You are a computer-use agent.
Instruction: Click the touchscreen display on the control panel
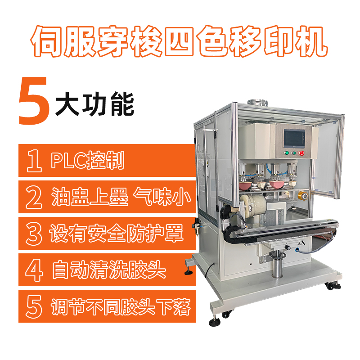click(294, 139)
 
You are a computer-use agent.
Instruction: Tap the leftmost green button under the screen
click(287, 153)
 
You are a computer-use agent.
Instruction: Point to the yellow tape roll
click(303, 196)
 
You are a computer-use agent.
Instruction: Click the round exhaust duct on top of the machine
click(257, 103)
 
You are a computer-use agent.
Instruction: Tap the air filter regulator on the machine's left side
click(197, 226)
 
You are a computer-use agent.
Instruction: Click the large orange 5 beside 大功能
click(34, 101)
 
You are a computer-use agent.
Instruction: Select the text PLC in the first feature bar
click(68, 161)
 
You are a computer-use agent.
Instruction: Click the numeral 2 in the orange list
click(34, 197)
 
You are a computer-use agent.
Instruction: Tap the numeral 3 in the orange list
click(34, 234)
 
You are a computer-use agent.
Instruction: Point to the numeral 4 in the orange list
click(34, 270)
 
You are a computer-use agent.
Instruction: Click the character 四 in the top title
click(179, 42)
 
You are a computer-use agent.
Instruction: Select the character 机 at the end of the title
click(311, 42)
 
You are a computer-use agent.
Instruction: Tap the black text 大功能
click(95, 104)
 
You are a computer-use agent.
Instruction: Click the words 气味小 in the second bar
click(162, 197)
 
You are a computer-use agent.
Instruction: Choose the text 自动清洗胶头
click(109, 270)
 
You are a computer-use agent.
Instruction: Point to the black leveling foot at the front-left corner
click(215, 322)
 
